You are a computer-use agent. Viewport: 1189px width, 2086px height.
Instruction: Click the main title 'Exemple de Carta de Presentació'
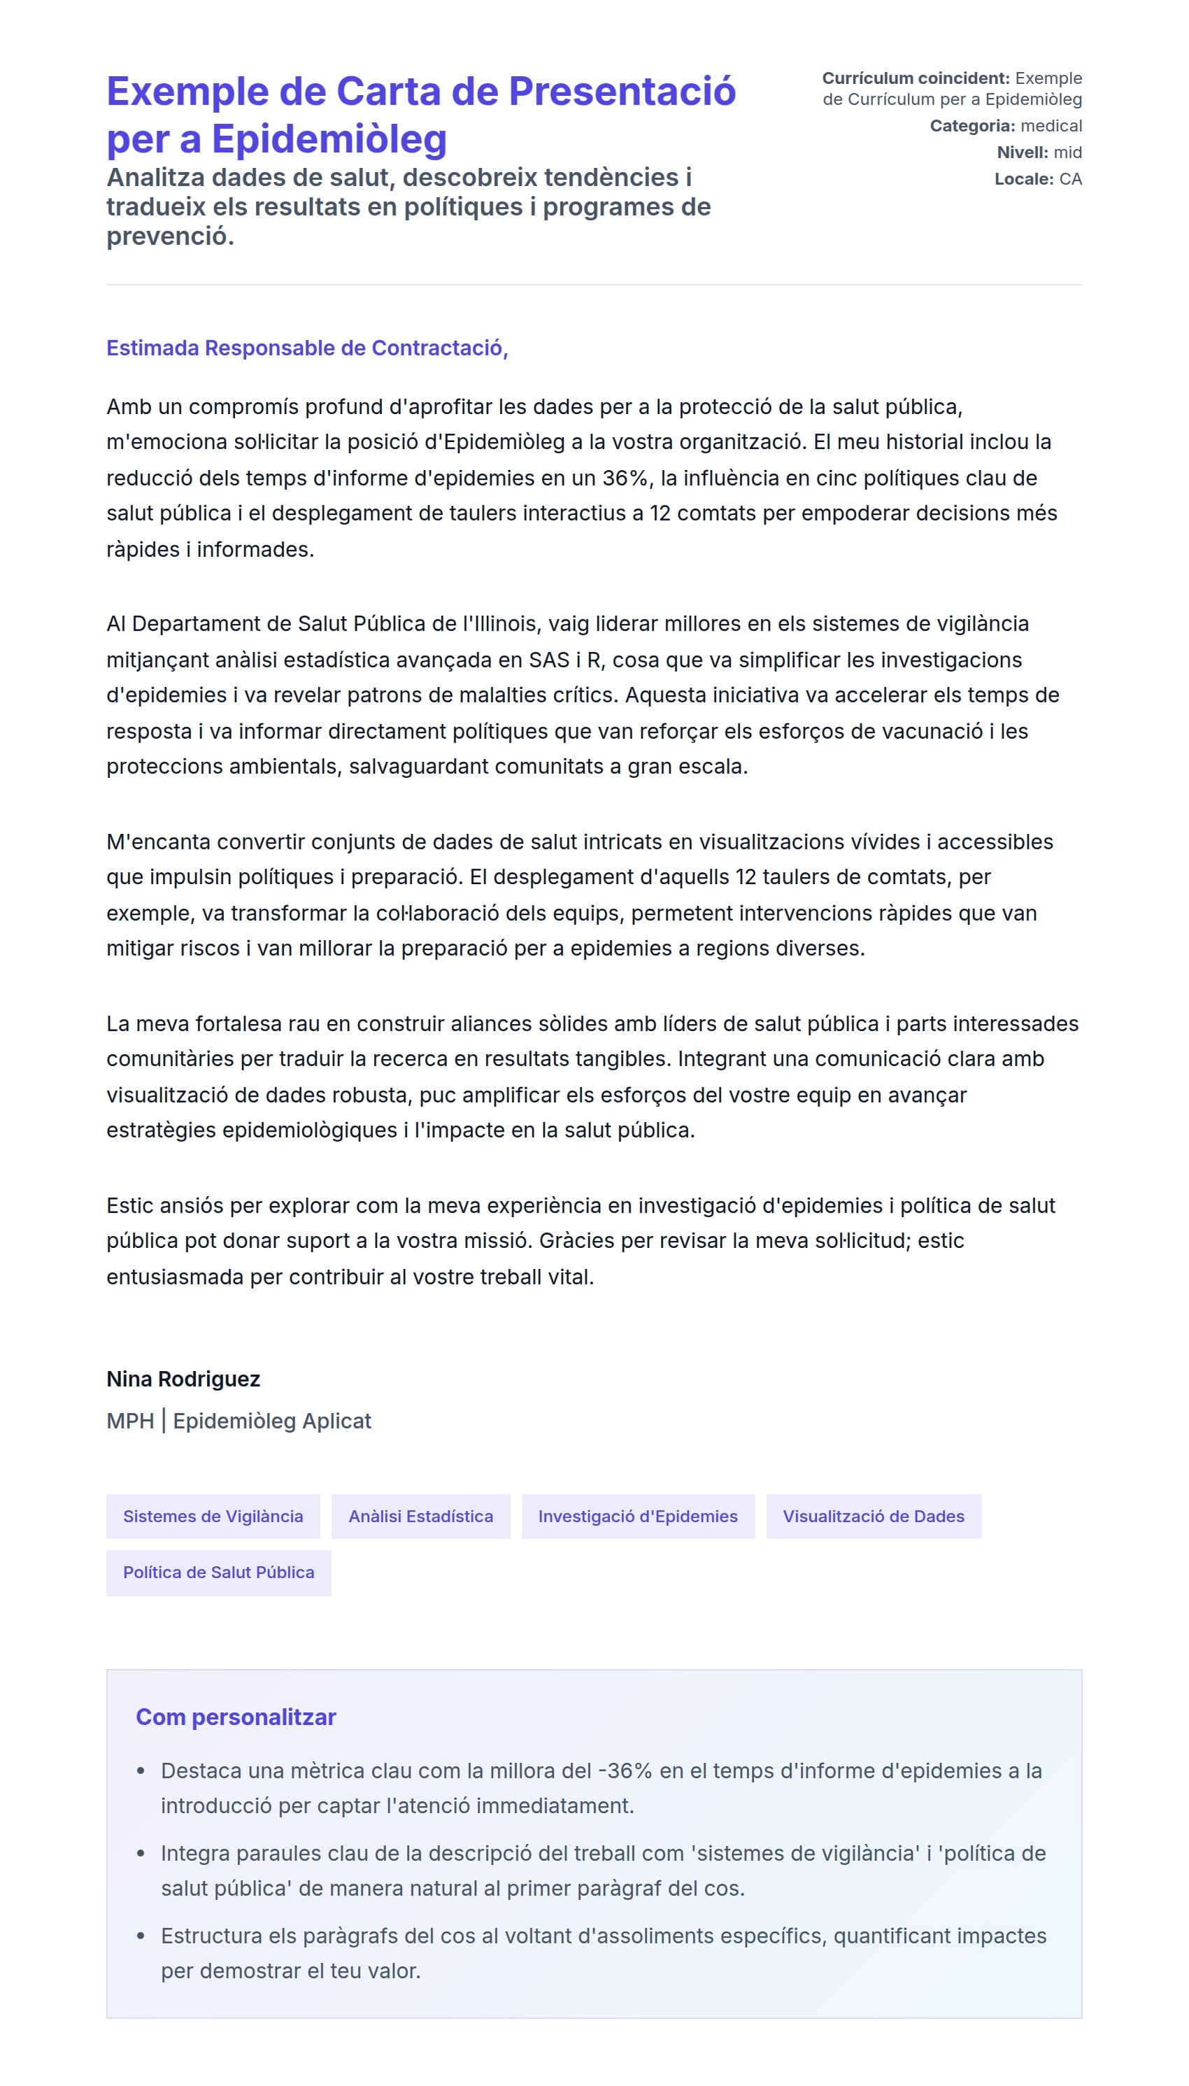pos(420,92)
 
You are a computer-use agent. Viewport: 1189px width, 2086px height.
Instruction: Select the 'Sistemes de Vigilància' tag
pos(213,1517)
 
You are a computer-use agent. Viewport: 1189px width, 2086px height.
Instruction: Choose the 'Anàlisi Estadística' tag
pos(420,1517)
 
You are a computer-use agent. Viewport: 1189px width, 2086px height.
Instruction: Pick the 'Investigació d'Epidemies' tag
pos(637,1517)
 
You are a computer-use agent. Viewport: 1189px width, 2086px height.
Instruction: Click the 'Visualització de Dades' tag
pos(873,1517)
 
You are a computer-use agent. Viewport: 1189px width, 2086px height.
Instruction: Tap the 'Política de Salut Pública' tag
pos(218,1573)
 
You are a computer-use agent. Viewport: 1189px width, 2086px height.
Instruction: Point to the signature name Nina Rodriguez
pos(183,1379)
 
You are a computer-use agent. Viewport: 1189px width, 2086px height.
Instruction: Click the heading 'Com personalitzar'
pos(235,1717)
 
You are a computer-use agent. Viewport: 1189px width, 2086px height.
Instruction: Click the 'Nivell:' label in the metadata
pos(1022,152)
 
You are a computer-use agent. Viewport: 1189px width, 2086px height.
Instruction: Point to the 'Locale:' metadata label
pos(1023,179)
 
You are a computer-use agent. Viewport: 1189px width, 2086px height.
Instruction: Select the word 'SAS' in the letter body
pos(549,660)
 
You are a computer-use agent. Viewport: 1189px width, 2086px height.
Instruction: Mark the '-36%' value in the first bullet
pos(625,1771)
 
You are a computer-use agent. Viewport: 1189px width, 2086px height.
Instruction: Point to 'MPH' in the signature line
pos(130,1421)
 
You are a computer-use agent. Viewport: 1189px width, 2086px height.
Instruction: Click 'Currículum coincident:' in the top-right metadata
pos(916,78)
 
